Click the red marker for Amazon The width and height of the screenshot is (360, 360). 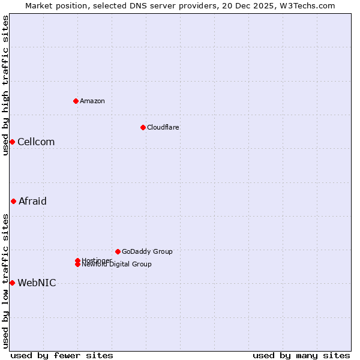pos(76,101)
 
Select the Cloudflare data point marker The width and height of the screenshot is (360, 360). pos(143,127)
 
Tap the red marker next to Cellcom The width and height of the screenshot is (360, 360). pos(12,142)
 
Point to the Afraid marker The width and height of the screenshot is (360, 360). pos(13,201)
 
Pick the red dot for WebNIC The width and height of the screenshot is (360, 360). pos(12,283)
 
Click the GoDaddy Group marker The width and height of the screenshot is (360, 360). pos(118,251)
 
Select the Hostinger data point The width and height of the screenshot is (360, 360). pos(77,260)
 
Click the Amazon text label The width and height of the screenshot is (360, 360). pos(92,101)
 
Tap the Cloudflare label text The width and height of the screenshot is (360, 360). pos(163,127)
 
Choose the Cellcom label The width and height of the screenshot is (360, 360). pos(36,142)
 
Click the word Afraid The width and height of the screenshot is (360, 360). pos(32,201)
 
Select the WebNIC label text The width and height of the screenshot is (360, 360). pos(37,283)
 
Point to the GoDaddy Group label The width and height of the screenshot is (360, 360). pos(147,251)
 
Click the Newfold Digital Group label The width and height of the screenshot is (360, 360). pos(117,265)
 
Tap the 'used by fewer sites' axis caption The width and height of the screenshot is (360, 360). pos(62,355)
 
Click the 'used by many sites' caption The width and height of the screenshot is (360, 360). pos(301,355)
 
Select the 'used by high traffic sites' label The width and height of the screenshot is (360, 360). pos(5,85)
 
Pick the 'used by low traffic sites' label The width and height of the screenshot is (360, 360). pos(5,281)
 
